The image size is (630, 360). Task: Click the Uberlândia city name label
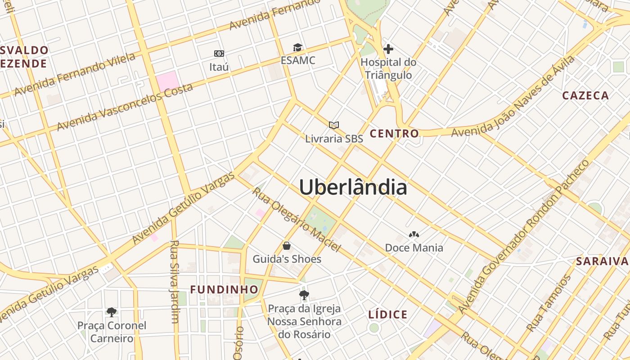353,187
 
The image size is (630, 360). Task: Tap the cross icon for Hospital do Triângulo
388,49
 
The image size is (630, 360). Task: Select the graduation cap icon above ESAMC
297,48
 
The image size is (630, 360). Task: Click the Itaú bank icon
219,54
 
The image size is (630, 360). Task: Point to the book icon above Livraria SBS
333,125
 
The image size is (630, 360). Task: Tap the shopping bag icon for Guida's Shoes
287,246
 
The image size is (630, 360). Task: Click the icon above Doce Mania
414,234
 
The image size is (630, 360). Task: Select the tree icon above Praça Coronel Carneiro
112,312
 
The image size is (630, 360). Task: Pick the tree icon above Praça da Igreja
304,295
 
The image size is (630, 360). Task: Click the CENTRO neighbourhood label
394,134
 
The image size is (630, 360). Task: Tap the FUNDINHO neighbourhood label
224,290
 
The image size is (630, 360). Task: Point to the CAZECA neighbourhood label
585,95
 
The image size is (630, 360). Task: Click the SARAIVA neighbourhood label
602,261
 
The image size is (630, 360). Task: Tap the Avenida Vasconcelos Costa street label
125,107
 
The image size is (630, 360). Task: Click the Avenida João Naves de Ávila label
513,96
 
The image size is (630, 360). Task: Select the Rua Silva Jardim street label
174,282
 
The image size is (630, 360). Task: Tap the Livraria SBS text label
334,139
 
